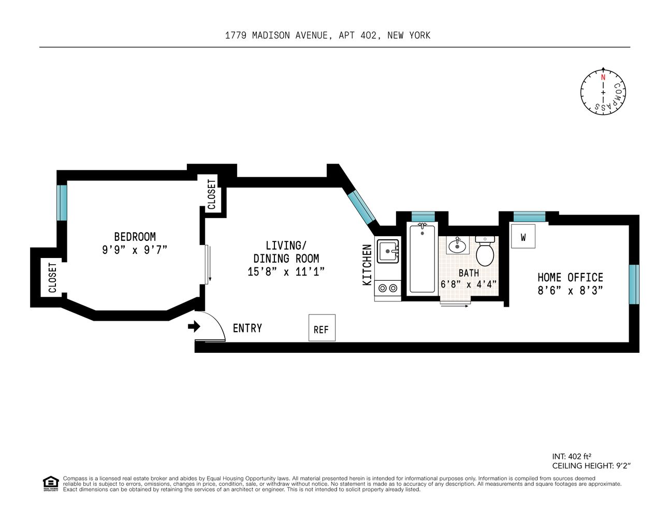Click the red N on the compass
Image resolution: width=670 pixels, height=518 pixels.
pos(603,78)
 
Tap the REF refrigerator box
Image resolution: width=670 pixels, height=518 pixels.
pos(322,328)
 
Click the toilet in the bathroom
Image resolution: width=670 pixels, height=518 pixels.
pos(485,251)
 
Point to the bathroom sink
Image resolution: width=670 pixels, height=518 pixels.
pos(457,245)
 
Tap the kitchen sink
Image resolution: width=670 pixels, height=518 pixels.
pos(388,251)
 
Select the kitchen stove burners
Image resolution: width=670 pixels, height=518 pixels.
pos(388,287)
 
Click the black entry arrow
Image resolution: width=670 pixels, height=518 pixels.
pos(194,326)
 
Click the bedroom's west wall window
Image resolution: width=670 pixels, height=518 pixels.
pos(62,203)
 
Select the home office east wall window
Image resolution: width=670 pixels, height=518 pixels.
pos(634,284)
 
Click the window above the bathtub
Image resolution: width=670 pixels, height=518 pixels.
pos(423,217)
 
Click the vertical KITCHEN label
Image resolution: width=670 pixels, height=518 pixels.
pos(367,265)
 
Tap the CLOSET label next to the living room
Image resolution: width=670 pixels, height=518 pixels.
pos(211,194)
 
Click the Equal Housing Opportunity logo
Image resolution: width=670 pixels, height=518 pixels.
pos(50,484)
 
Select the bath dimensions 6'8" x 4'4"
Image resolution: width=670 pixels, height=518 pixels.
pos(469,284)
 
